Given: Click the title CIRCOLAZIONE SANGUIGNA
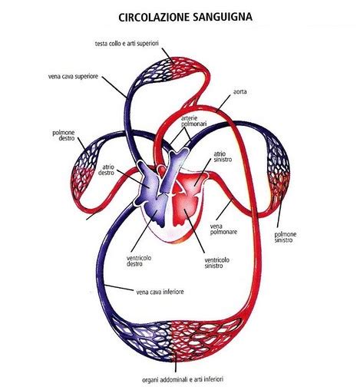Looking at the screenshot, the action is (186, 18).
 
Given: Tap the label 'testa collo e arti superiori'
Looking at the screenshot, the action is (127, 44).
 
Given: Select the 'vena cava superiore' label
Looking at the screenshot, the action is (73, 77).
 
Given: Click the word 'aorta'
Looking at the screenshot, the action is (240, 91).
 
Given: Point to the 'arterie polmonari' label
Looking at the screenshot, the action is (193, 121).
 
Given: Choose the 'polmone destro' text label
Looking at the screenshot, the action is (64, 135).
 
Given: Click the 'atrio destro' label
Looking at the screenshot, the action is (106, 170).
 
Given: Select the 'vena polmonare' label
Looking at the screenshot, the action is (223, 229).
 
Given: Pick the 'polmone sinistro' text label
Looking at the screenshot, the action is (286, 237).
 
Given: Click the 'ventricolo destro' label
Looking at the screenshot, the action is (139, 260).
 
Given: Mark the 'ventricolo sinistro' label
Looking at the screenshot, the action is (217, 263).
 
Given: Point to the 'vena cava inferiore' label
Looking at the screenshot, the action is (160, 292).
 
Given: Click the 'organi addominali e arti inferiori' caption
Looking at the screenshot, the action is (183, 379).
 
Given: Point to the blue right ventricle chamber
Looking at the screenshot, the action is (156, 210).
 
